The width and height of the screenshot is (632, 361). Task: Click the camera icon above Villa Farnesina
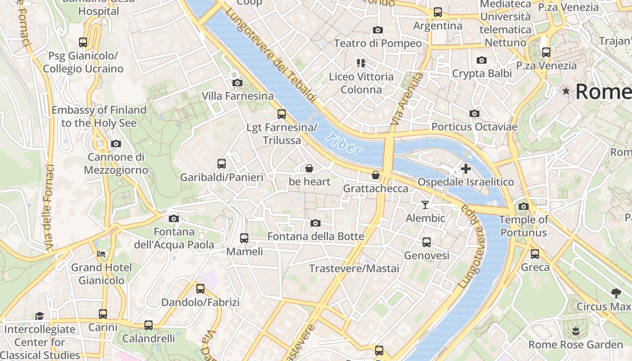click(237, 83)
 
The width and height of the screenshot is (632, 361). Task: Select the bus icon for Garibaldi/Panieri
click(221, 163)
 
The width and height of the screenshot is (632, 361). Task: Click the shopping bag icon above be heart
click(309, 168)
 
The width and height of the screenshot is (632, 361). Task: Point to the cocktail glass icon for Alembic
click(425, 205)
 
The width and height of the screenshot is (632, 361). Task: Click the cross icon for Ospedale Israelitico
click(465, 169)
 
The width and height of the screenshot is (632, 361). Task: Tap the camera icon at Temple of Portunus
click(523, 206)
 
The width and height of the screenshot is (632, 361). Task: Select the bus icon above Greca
click(535, 254)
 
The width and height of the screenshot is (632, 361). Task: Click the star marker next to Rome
click(566, 91)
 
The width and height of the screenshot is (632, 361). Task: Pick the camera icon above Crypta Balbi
click(482, 60)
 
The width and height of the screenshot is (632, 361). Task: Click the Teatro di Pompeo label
click(378, 43)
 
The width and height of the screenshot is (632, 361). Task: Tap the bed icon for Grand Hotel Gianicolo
click(101, 254)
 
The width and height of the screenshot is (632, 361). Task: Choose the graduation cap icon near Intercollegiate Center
click(40, 315)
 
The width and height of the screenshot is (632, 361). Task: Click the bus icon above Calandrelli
click(148, 325)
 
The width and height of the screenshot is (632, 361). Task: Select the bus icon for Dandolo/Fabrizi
click(200, 288)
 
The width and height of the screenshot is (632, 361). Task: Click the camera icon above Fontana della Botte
click(316, 223)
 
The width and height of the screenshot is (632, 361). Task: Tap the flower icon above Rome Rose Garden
click(575, 331)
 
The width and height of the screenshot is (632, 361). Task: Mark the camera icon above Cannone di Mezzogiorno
click(116, 143)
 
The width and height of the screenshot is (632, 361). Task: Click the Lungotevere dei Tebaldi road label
click(271, 54)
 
